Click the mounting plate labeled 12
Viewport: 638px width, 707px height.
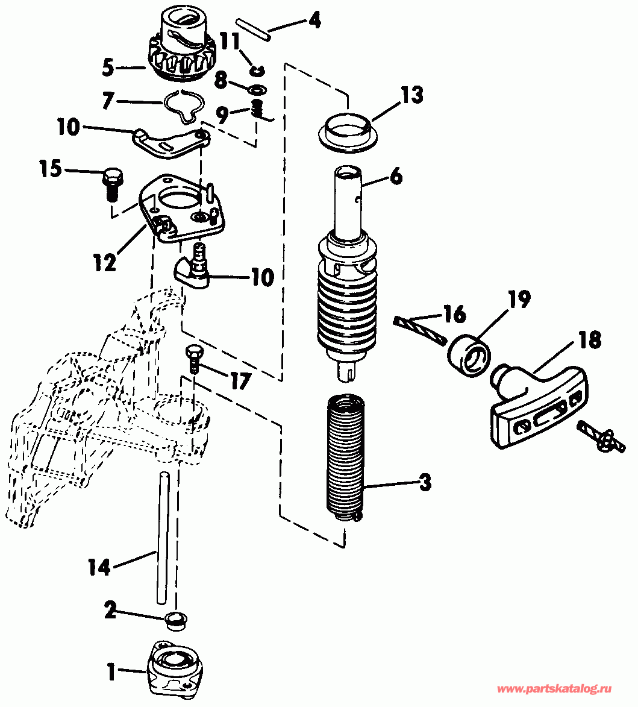[183, 208]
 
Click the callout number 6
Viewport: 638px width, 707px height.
[396, 177]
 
